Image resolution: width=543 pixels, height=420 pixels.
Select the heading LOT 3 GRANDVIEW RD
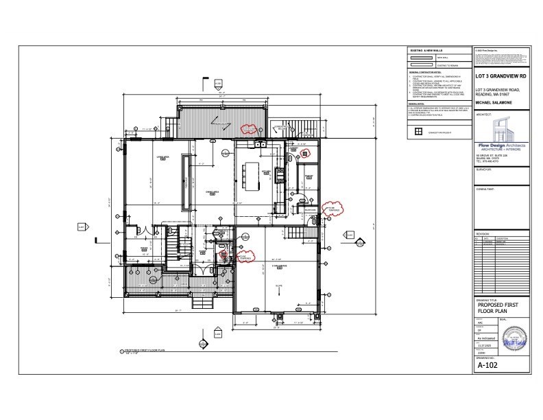502,76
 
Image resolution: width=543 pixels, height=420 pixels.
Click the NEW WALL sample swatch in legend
422,58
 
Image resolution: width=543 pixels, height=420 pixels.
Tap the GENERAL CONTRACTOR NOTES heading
424,72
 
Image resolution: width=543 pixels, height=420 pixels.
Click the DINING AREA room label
213,193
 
